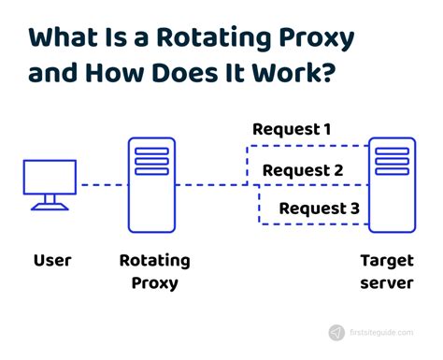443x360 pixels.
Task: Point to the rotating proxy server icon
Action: (x=152, y=183)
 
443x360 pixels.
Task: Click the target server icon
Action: (x=392, y=183)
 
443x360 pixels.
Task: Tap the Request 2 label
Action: (x=303, y=170)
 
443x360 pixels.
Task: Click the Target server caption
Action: (x=386, y=270)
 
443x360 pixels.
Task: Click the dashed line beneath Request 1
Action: (x=304, y=146)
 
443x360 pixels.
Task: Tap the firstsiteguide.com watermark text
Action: (x=387, y=332)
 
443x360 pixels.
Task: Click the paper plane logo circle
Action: (x=336, y=332)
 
